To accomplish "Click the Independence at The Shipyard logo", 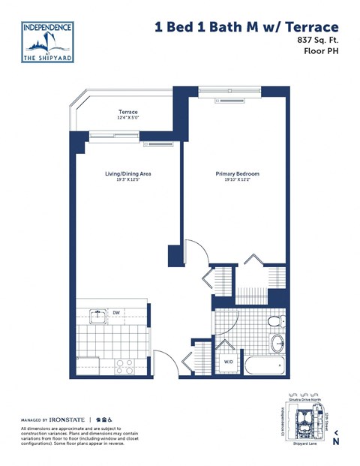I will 48,43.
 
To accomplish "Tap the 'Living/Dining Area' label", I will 127,174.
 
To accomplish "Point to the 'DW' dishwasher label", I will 116,312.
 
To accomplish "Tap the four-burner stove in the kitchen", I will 124,366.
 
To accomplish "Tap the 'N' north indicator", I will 335,441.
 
